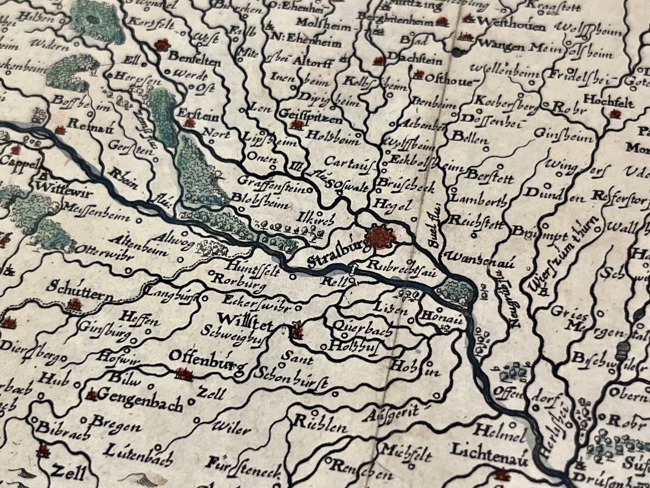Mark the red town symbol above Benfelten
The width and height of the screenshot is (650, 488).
point(161,45)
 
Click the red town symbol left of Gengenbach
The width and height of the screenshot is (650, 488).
point(93,396)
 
